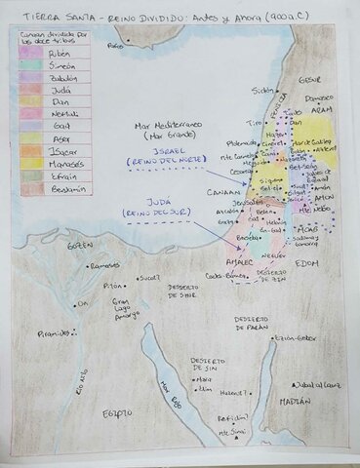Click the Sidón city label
[264, 90]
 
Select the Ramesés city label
[104, 265]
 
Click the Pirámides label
[53, 332]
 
